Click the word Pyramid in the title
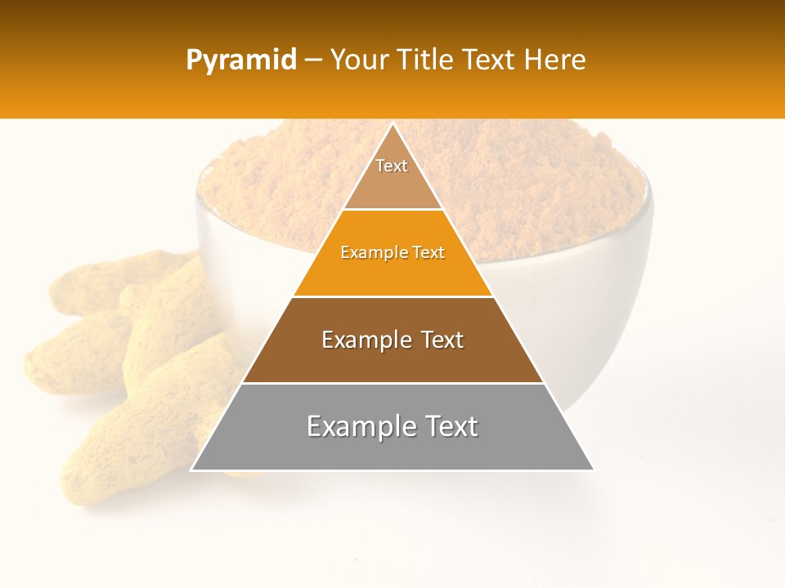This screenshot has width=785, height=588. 241,60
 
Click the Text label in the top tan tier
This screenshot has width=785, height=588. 392,166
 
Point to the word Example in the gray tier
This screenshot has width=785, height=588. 361,426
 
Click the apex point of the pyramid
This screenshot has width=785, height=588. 392,124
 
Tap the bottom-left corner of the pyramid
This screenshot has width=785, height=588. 192,470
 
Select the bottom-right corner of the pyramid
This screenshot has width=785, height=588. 593,470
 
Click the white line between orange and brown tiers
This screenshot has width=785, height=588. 392,296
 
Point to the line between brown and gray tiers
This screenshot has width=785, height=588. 392,383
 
